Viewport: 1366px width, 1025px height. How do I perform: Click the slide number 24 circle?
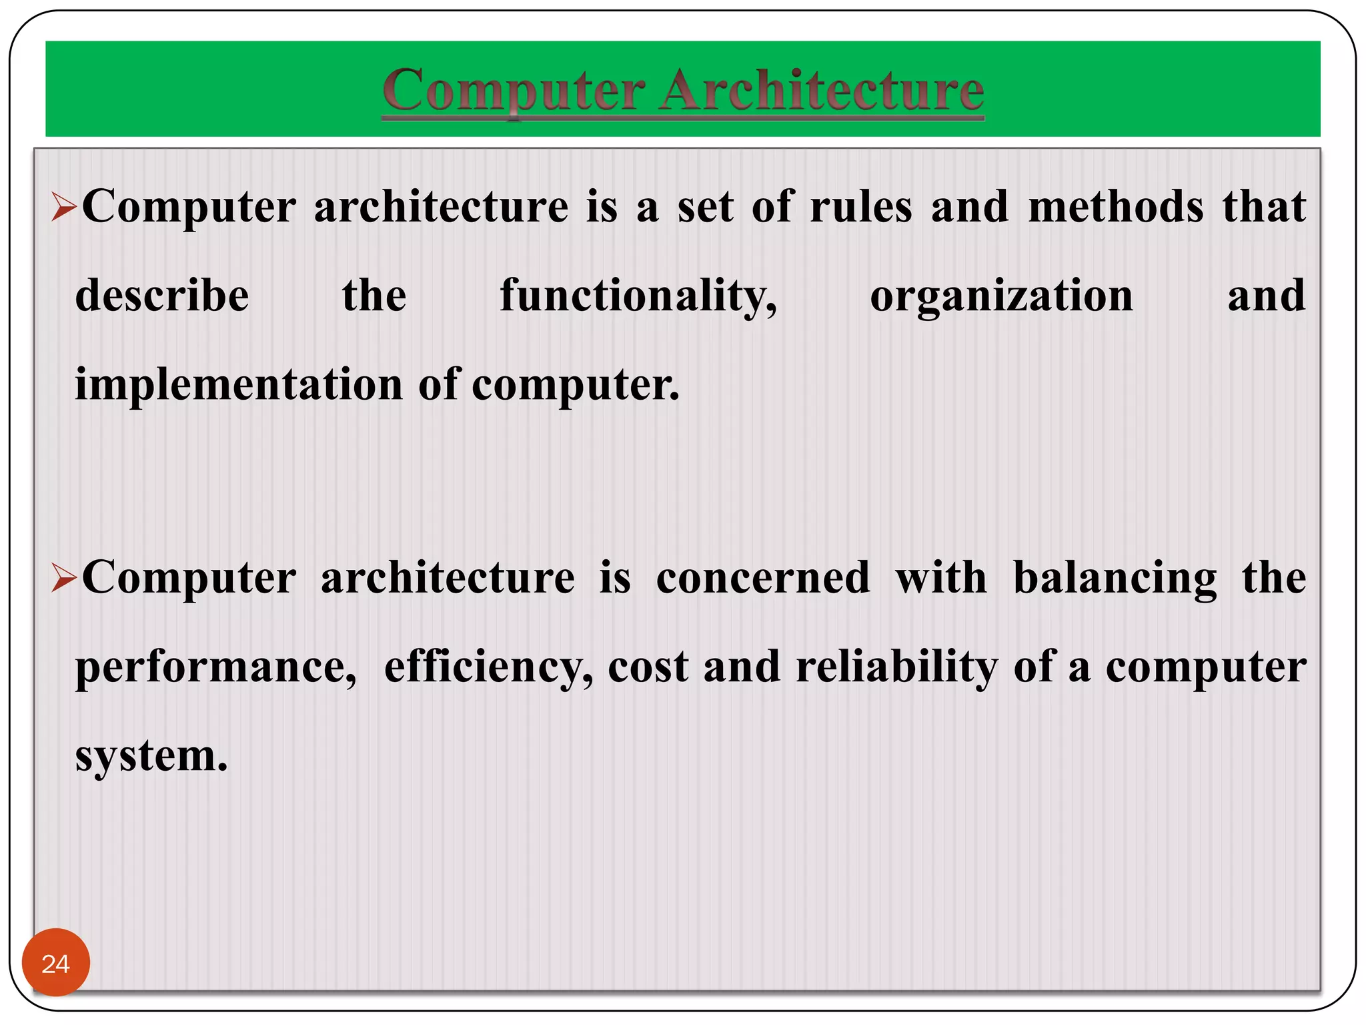55,963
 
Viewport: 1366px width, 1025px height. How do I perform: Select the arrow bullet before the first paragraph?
64,208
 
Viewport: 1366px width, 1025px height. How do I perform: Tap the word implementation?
238,385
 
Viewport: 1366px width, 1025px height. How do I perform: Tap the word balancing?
1115,579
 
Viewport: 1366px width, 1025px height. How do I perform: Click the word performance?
215,667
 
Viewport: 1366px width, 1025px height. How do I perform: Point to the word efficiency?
488,667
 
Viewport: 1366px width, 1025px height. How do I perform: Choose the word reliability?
897,667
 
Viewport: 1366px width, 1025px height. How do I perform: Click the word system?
151,756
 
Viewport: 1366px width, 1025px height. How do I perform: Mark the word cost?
648,667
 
